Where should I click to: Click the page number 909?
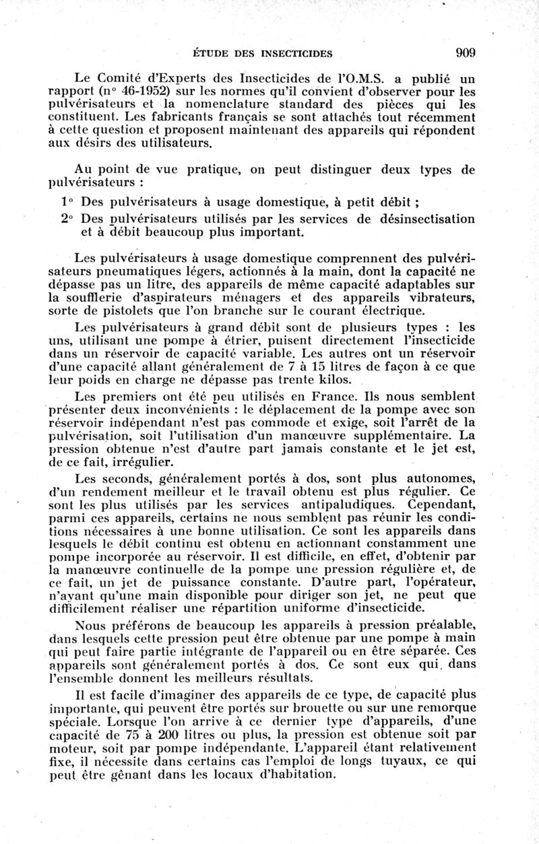click(x=466, y=53)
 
